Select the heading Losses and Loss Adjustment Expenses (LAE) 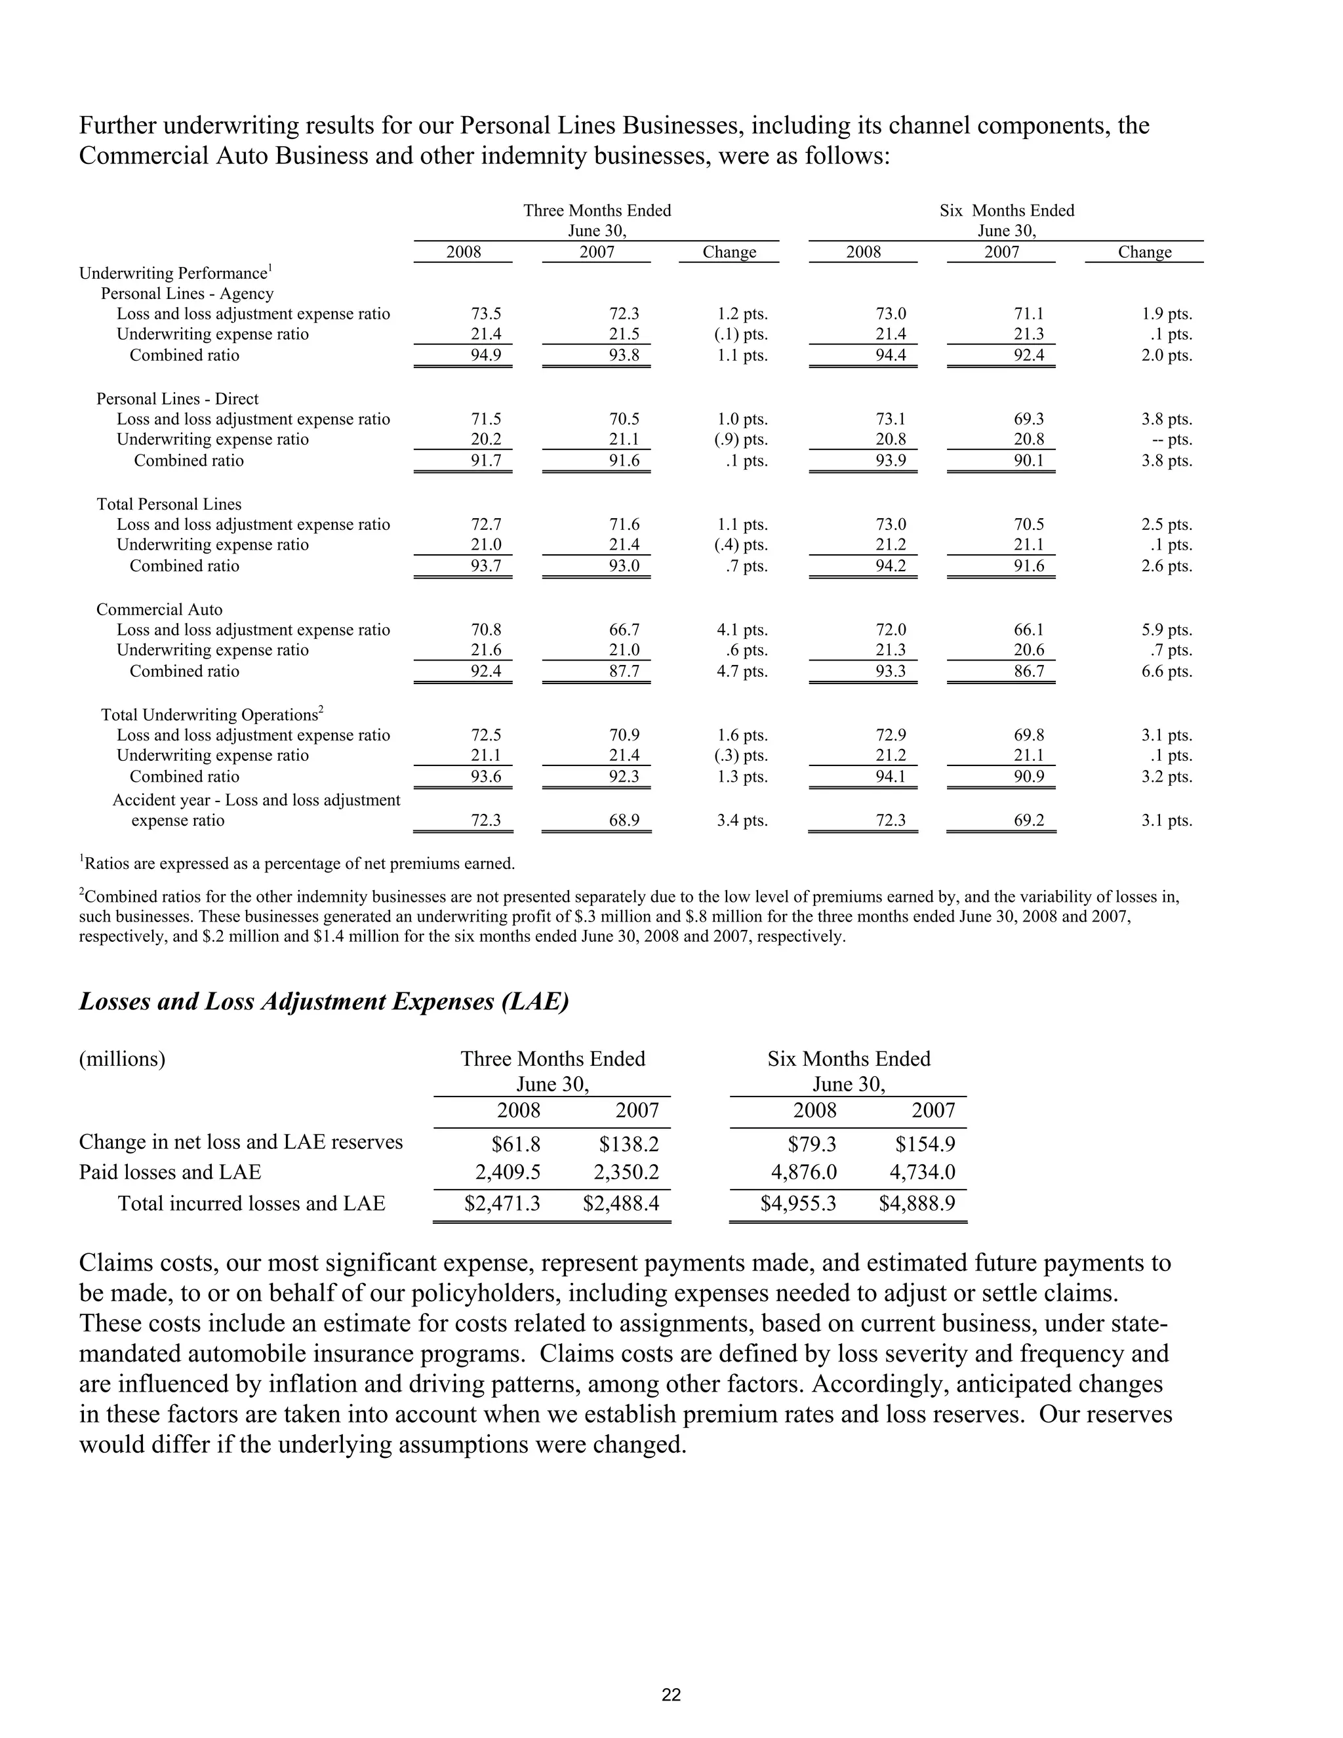pyautogui.click(x=324, y=1001)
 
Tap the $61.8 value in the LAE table pyautogui.click(x=515, y=1144)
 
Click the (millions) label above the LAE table pyautogui.click(x=122, y=1059)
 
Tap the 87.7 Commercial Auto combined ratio pyautogui.click(x=624, y=672)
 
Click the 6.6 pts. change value pyautogui.click(x=1167, y=672)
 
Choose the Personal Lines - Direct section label pyautogui.click(x=178, y=399)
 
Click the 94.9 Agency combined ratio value pyautogui.click(x=486, y=355)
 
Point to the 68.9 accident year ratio pyautogui.click(x=624, y=820)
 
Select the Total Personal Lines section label pyautogui.click(x=169, y=504)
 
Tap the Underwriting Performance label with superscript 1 pyautogui.click(x=176, y=273)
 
